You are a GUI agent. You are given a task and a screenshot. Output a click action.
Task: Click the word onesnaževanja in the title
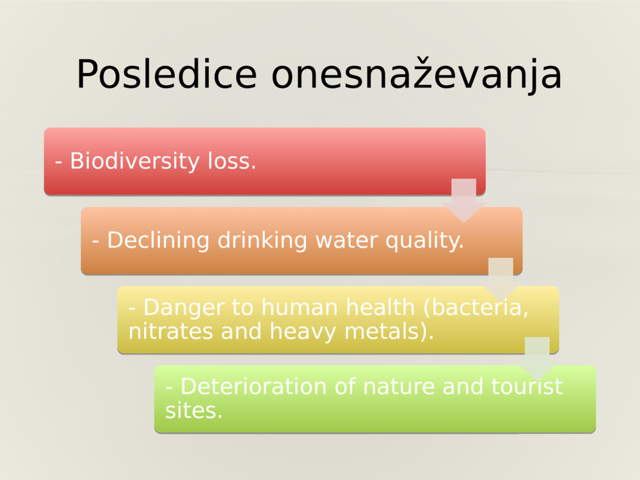coord(417,75)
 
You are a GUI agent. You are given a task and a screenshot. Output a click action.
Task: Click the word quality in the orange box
coord(424,241)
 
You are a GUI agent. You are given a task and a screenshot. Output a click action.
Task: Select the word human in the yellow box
coord(304,308)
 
